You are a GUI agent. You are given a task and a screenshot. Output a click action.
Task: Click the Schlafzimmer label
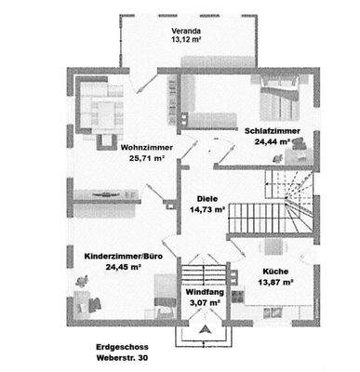pos(273,131)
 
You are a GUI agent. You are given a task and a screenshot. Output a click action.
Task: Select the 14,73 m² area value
pos(208,209)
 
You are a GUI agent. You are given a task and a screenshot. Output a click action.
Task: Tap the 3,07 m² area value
pos(202,302)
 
